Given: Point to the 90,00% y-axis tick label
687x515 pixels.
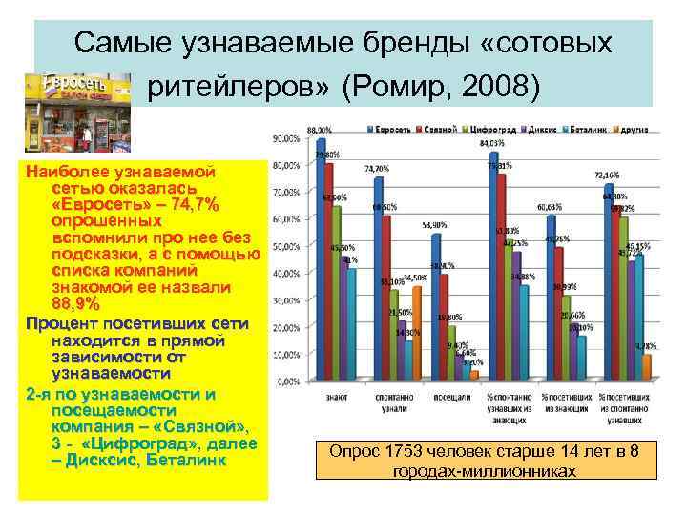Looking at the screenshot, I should pos(285,139).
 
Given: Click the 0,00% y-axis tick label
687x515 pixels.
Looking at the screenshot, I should pos(287,381).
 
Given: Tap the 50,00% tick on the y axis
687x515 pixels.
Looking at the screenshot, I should pos(285,247).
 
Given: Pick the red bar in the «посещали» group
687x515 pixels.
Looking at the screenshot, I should pos(444,326).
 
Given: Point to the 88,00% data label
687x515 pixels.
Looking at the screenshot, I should pos(319,129).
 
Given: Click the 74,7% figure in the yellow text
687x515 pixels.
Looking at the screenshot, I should pos(188,206).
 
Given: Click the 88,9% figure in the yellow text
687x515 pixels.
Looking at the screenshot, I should pos(75,303).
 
